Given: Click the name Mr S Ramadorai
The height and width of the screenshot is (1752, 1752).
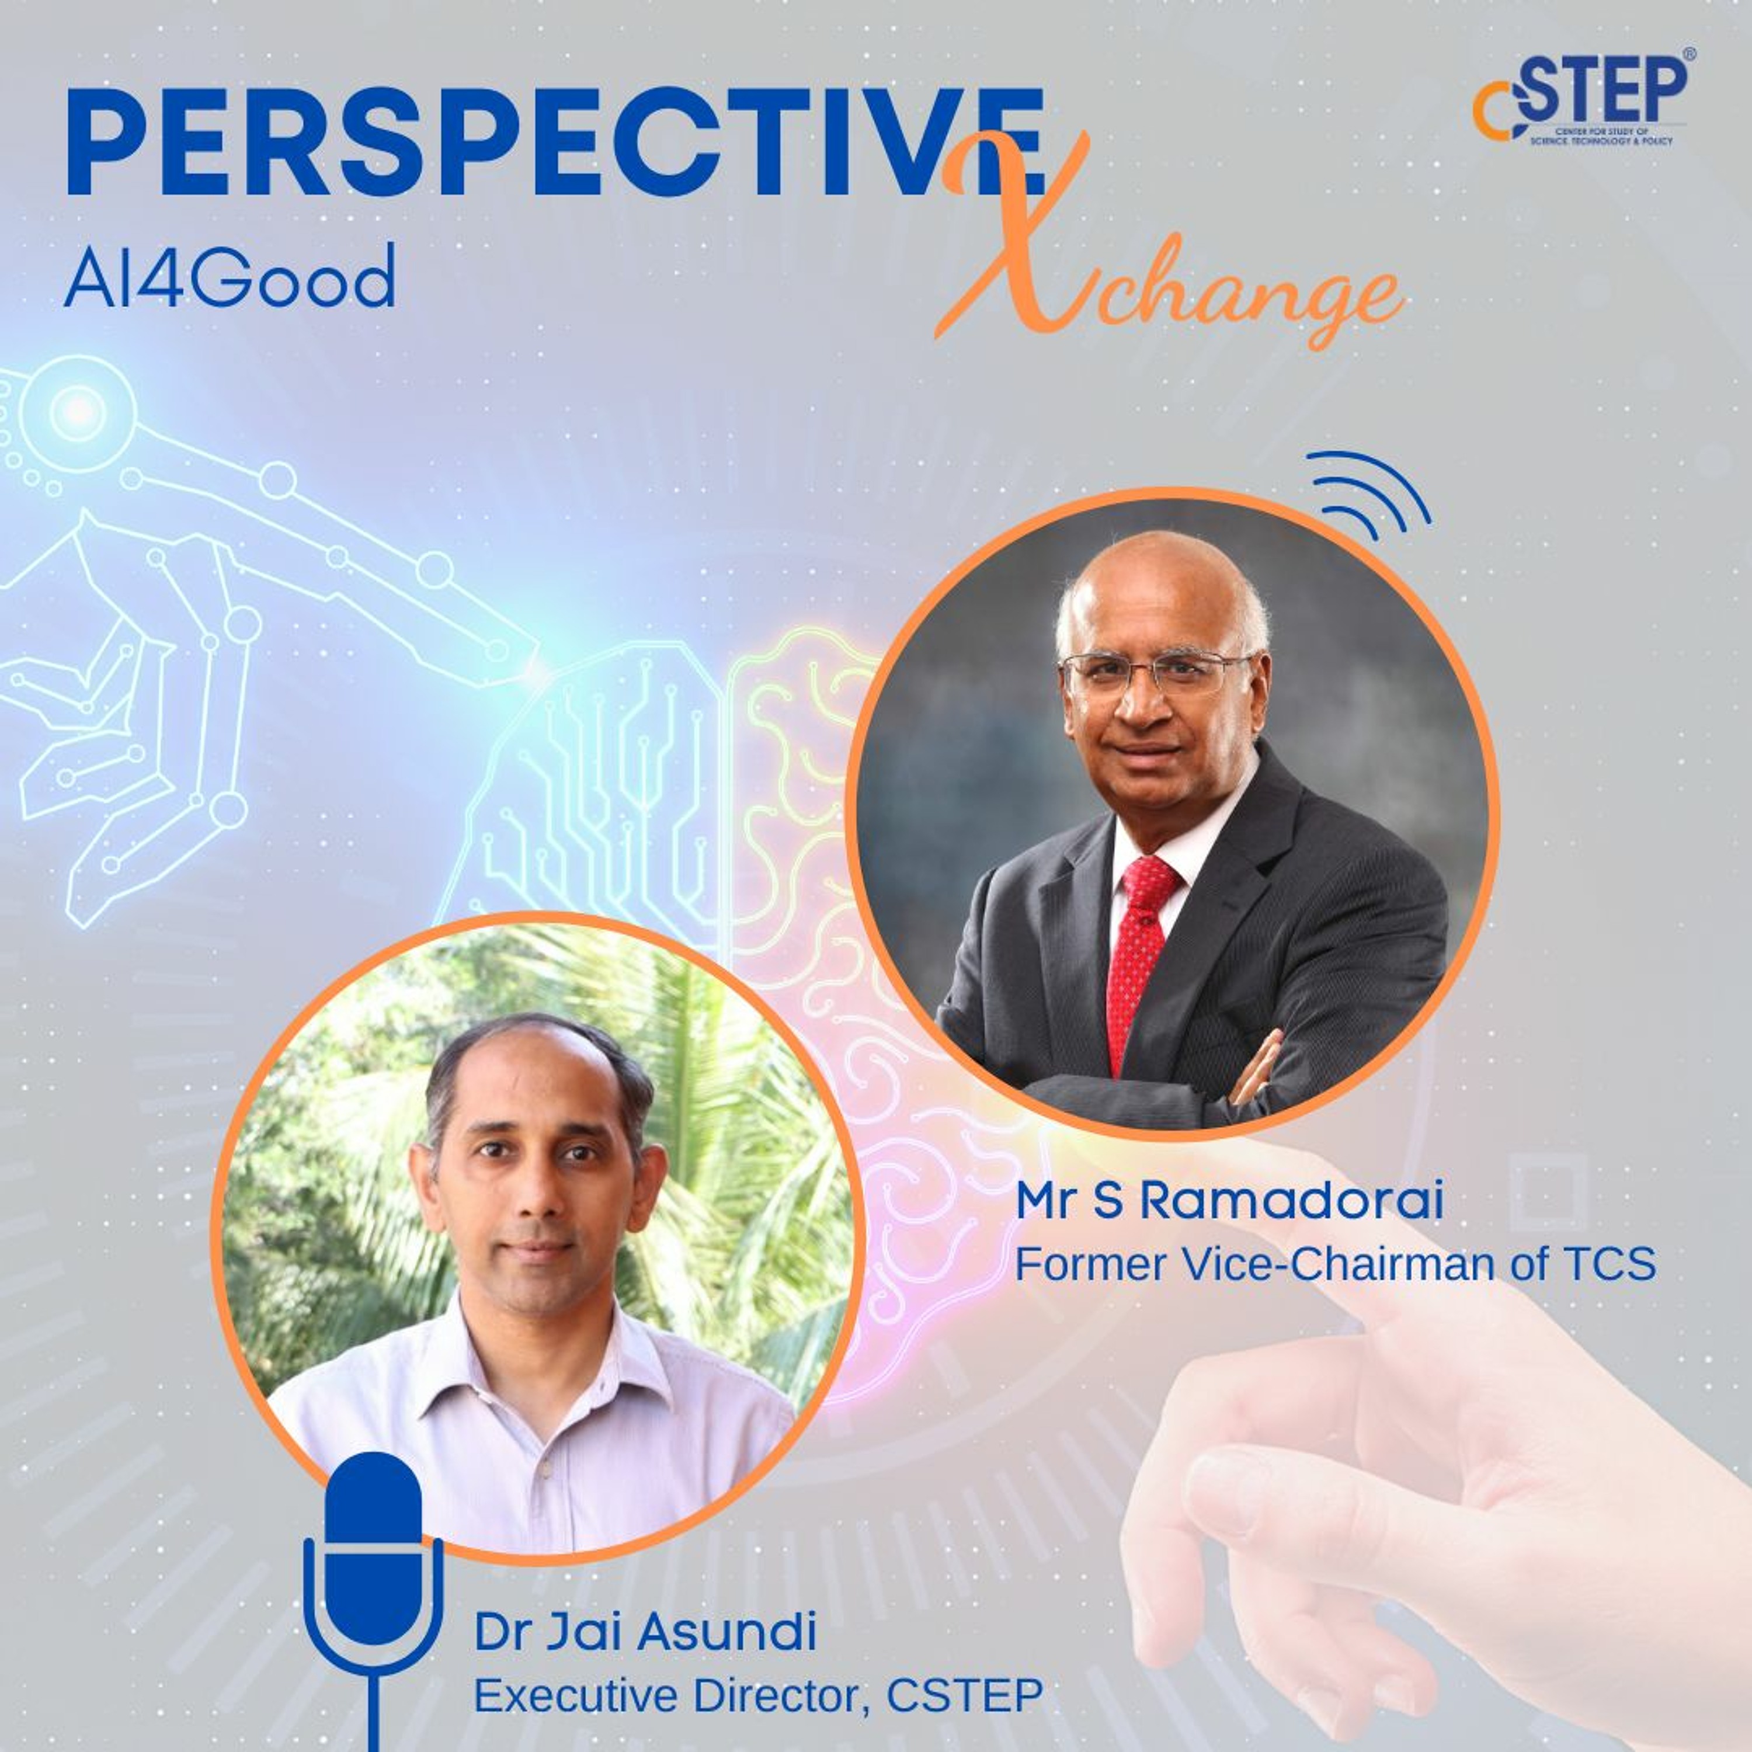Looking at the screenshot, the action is pos(1229,1201).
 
